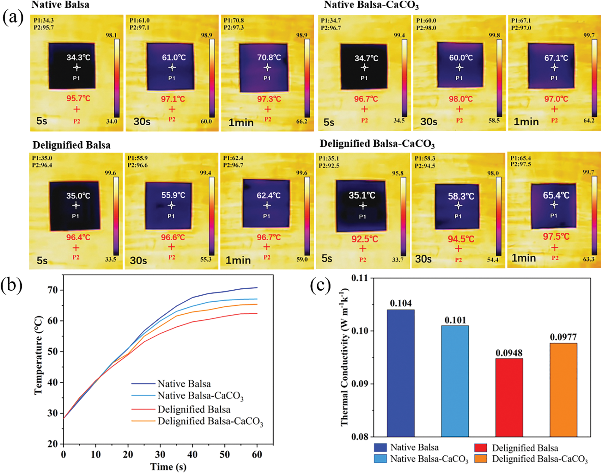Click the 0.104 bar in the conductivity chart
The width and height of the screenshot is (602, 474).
[400, 373]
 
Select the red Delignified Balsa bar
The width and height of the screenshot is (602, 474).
[509, 397]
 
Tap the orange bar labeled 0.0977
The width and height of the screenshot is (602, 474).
[563, 390]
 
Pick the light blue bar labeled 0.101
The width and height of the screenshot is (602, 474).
[455, 381]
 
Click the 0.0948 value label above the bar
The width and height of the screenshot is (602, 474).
[509, 353]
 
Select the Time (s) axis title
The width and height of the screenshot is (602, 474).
[168, 467]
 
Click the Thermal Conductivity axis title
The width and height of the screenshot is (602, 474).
[344, 357]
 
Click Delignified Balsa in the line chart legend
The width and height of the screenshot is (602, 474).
[194, 409]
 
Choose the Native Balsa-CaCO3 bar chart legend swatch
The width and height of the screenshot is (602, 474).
[380, 459]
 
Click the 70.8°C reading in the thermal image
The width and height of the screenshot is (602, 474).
[269, 58]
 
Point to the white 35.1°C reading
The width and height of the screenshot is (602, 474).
[362, 195]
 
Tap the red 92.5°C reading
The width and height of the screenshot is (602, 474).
[365, 239]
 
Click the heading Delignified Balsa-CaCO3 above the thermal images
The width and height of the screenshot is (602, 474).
[377, 144]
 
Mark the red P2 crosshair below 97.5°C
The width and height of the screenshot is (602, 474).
[555, 248]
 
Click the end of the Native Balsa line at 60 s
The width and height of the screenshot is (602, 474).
[257, 288]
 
